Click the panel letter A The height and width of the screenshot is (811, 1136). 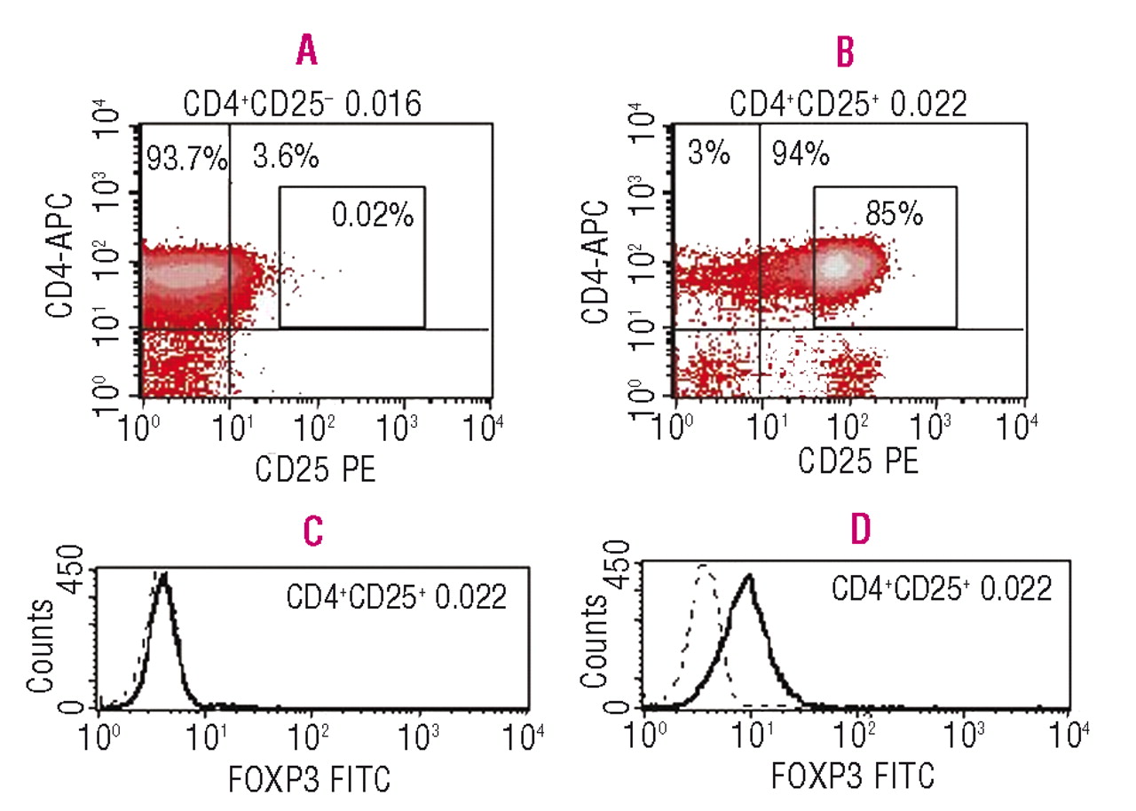[306, 53]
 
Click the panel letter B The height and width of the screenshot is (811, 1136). [846, 53]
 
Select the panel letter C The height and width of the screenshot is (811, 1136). [311, 531]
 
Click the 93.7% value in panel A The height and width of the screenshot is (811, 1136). [185, 161]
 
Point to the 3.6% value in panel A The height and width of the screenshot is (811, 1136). [286, 159]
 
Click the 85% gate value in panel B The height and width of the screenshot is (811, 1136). [893, 214]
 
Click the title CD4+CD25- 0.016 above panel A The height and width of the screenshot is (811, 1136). [302, 105]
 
